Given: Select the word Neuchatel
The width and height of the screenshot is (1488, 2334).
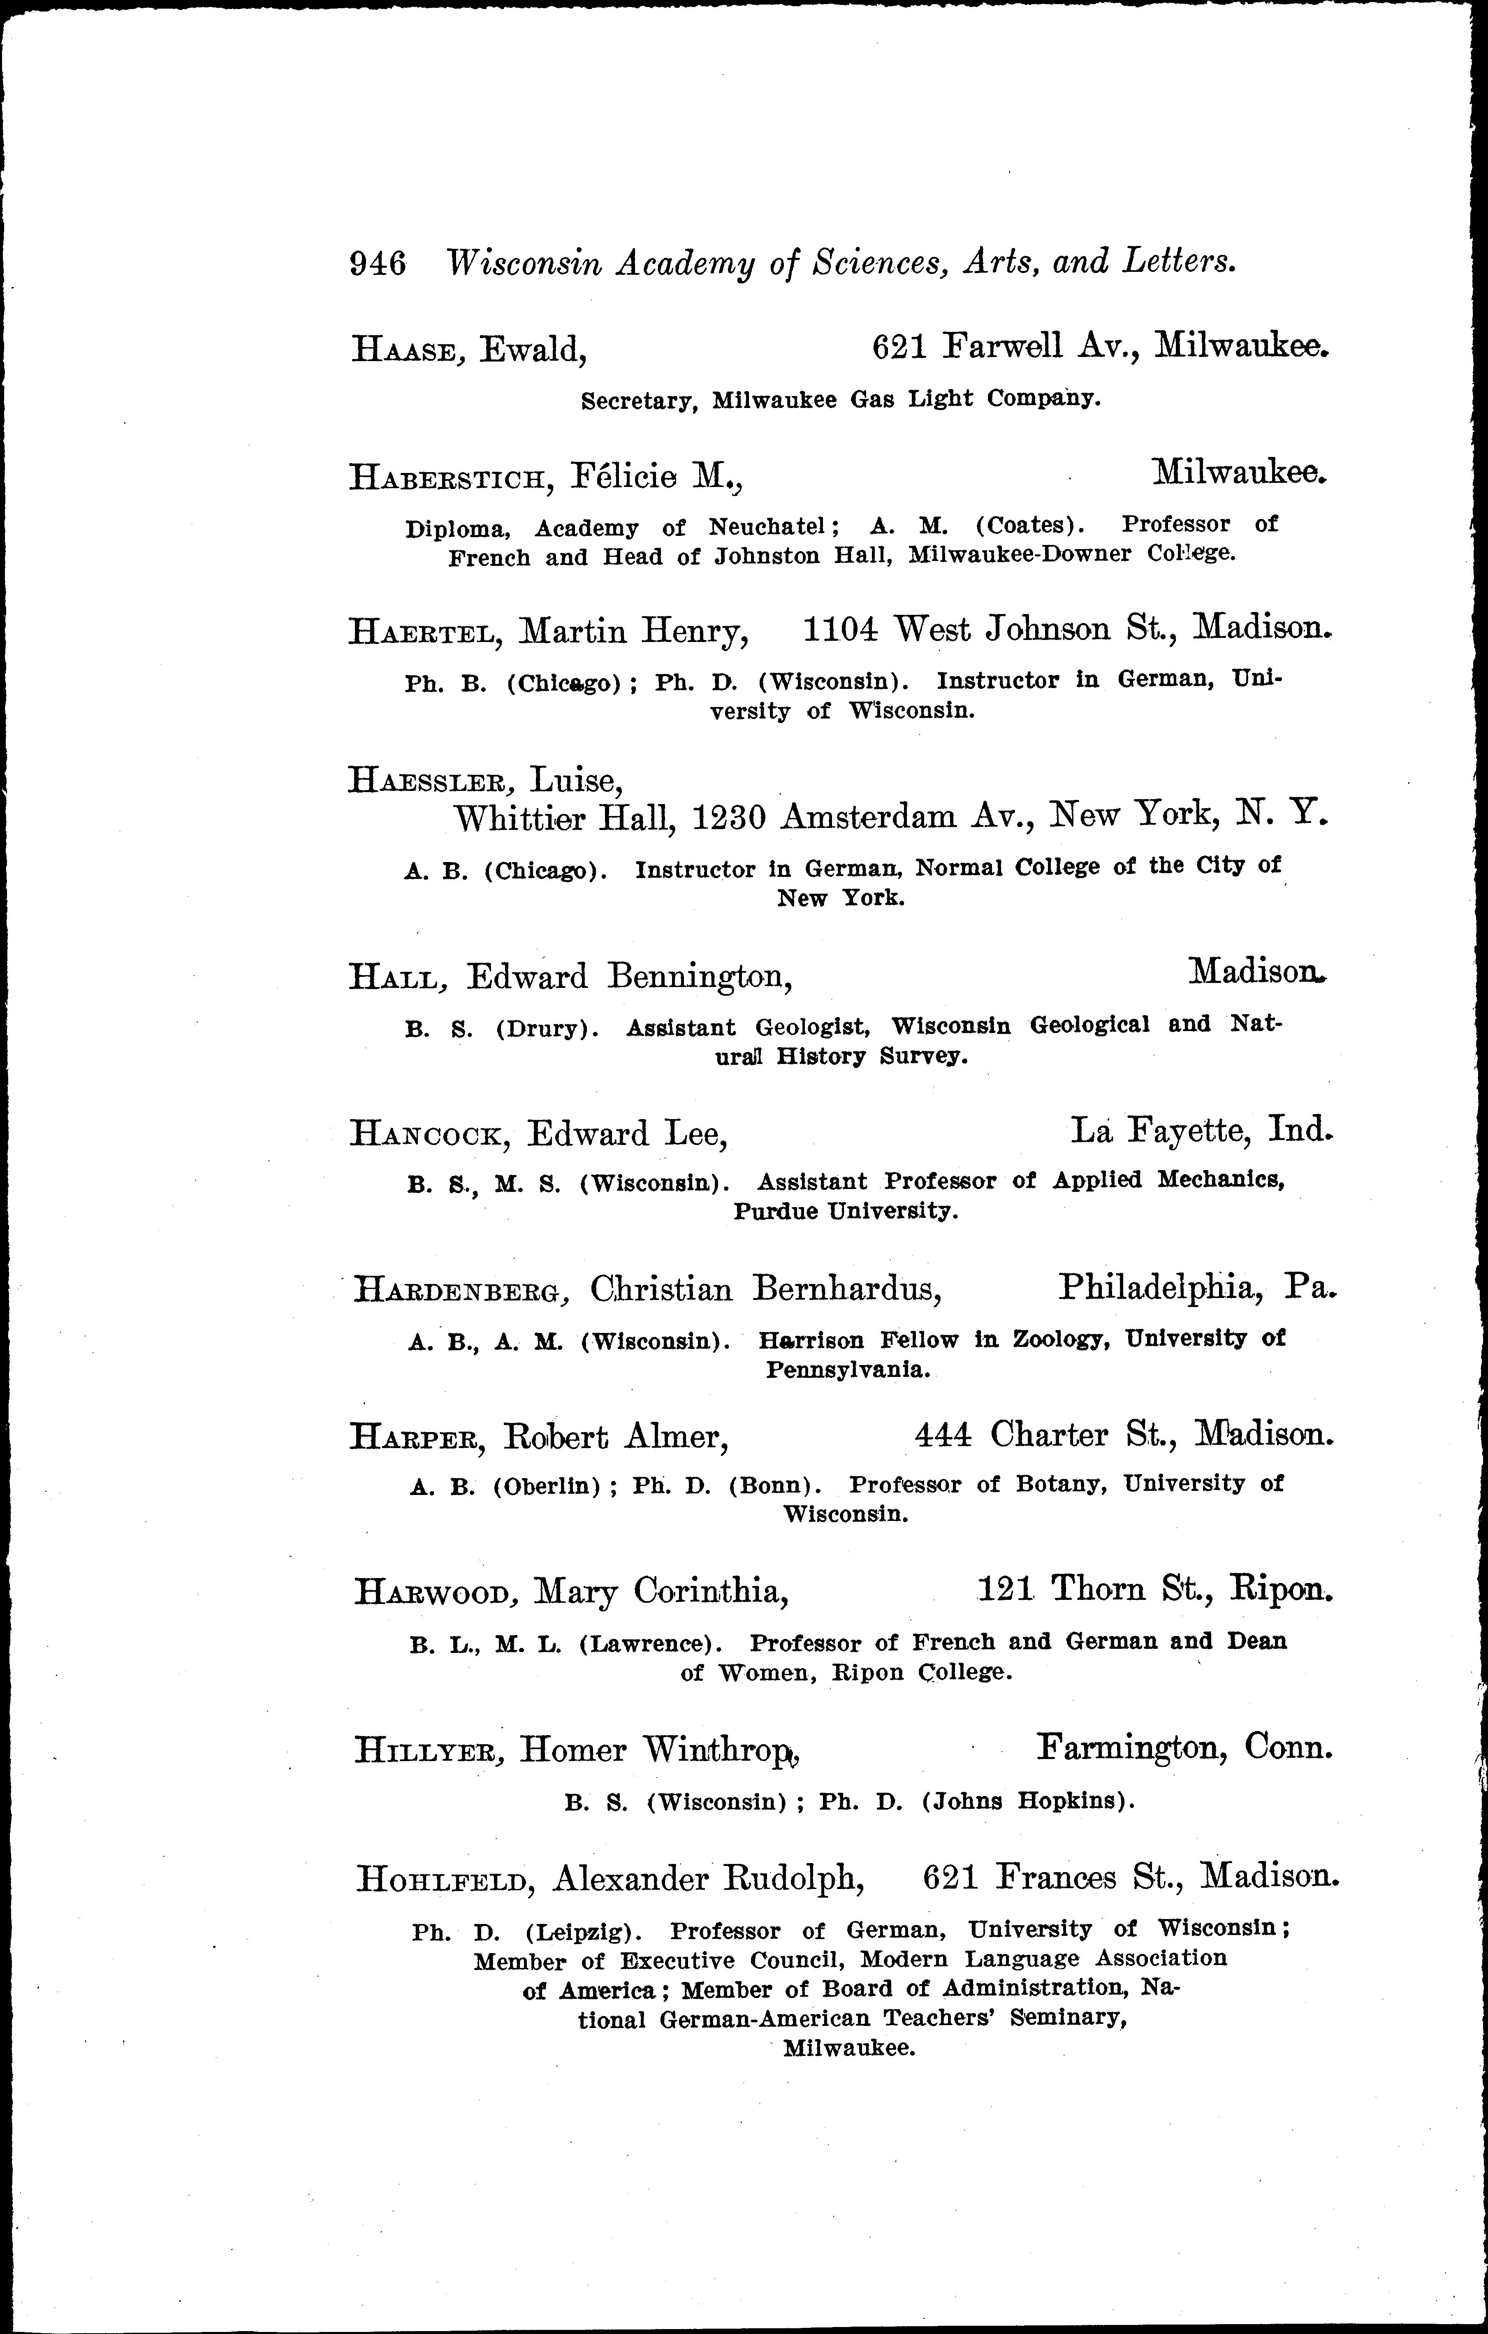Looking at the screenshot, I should tap(766, 526).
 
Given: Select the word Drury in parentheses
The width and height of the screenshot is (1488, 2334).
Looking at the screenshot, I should tap(543, 1029).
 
